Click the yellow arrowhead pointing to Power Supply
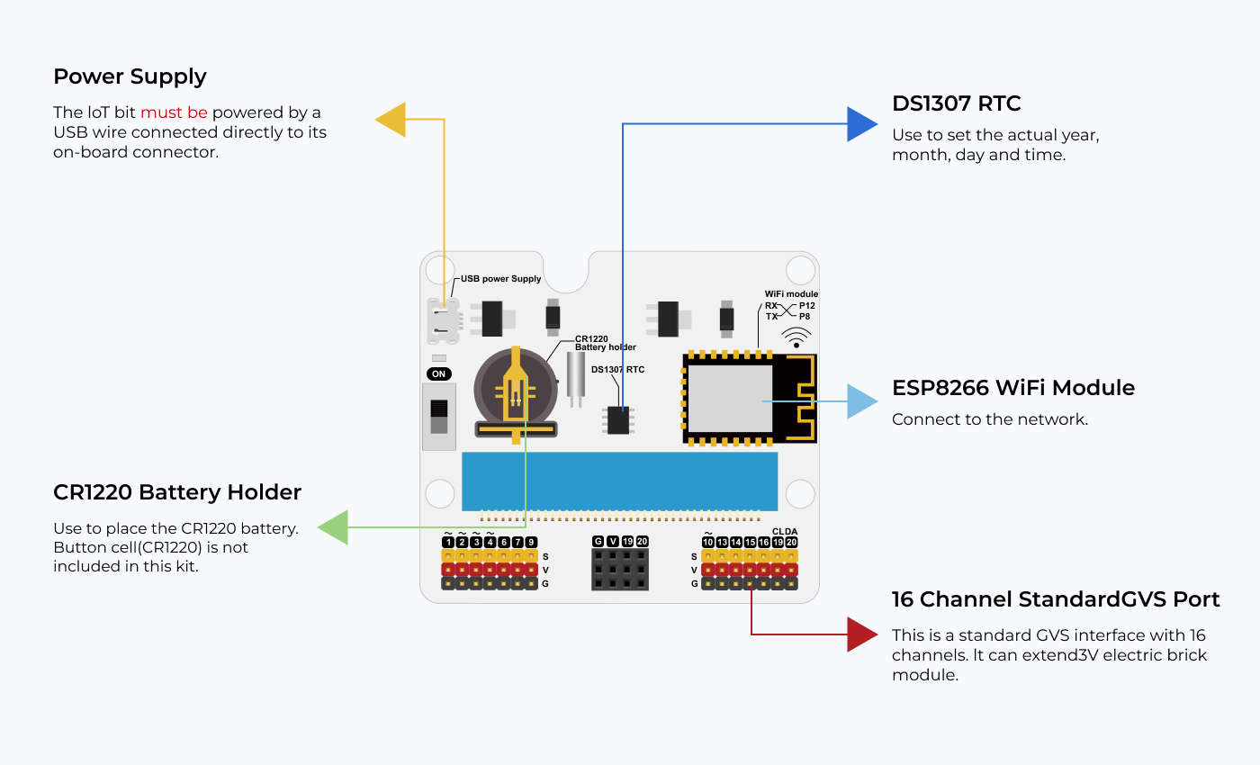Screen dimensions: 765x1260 [391, 119]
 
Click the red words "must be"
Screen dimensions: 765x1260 [174, 112]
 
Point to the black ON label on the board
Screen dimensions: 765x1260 [439, 373]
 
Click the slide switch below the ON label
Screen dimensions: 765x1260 [439, 417]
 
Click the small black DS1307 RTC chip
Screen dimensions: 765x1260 [618, 420]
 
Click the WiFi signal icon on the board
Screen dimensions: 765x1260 [796, 338]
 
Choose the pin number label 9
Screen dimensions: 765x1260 [532, 542]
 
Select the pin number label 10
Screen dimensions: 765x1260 [708, 542]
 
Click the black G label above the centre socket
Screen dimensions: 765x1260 [598, 542]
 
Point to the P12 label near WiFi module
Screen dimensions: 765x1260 [807, 306]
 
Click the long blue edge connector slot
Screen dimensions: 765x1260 [619, 481]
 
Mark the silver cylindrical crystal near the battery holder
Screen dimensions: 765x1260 [576, 374]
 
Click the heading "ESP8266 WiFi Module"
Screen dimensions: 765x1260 [1012, 388]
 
